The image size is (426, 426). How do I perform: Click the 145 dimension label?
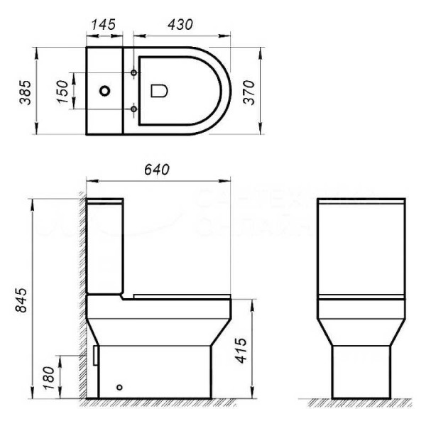104,24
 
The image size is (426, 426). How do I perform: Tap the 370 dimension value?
248,92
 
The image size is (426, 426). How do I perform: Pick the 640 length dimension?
156,170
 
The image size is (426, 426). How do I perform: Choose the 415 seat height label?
241,350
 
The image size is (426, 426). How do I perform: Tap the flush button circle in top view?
106,91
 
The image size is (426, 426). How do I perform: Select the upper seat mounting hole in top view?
135,73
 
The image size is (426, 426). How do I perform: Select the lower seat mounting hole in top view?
135,109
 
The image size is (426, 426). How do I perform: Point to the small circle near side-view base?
119,388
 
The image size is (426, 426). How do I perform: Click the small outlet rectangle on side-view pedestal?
94,354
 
